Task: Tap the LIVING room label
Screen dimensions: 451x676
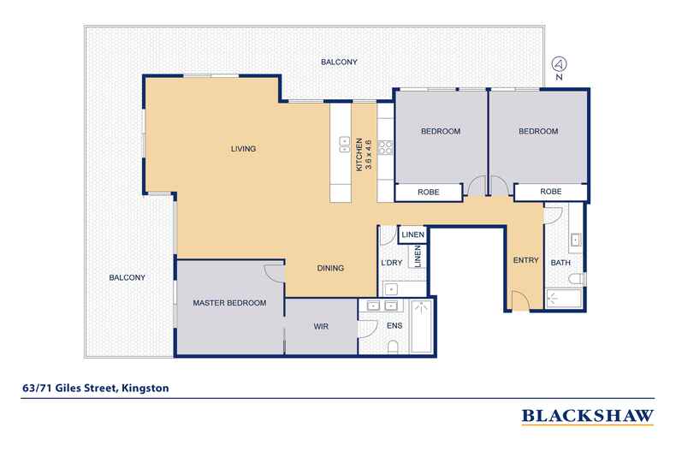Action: (244, 149)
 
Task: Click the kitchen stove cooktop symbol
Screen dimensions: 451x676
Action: (385, 146)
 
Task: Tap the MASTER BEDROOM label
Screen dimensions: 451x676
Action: (228, 303)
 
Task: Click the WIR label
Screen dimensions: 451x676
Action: (321, 327)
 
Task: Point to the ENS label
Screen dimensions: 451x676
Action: (394, 327)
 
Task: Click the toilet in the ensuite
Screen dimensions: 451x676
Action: (392, 346)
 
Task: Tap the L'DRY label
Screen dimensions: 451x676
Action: (392, 264)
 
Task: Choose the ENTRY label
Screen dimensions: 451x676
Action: (525, 261)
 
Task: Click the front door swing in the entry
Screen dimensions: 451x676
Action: (519, 300)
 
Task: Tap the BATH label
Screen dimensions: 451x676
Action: (560, 263)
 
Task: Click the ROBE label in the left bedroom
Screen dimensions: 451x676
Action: (428, 193)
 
